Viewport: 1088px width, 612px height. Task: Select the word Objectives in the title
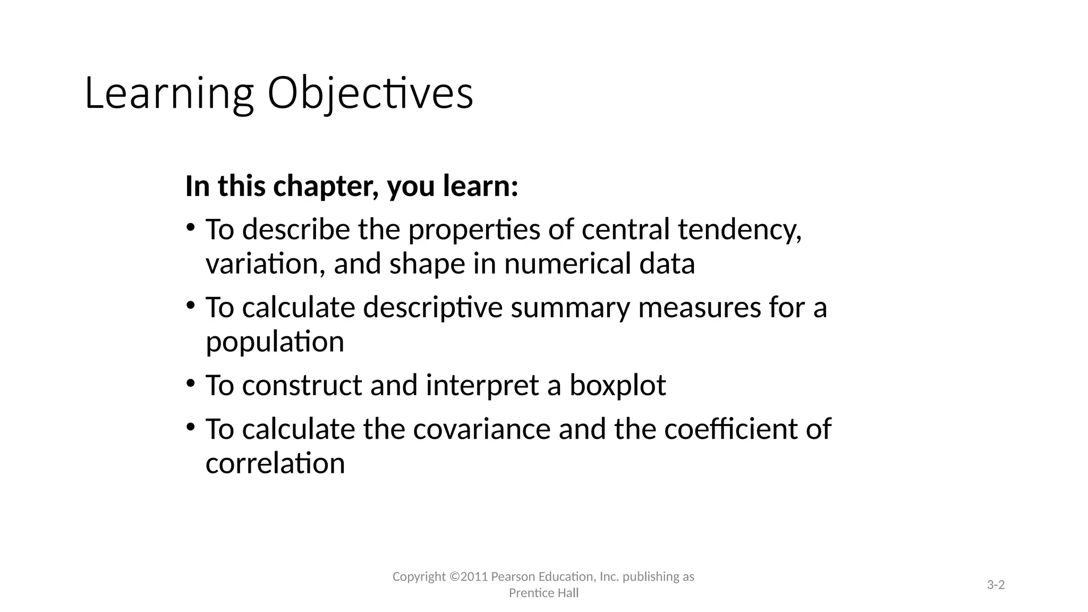(x=370, y=94)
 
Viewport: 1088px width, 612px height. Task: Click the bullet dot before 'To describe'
(x=190, y=228)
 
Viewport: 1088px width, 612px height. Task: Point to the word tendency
(x=739, y=230)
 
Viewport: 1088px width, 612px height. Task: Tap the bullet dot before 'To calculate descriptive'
(x=190, y=305)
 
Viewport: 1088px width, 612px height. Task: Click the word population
(x=275, y=342)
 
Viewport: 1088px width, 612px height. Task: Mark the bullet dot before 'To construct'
(x=190, y=383)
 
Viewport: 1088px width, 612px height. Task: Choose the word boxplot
(x=617, y=385)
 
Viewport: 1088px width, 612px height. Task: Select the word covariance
(x=482, y=429)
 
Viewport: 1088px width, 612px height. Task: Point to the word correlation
(x=275, y=463)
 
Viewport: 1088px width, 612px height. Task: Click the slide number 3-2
(x=996, y=585)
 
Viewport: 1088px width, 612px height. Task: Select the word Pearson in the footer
(x=513, y=577)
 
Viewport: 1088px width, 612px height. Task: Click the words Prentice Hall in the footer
(x=543, y=593)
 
